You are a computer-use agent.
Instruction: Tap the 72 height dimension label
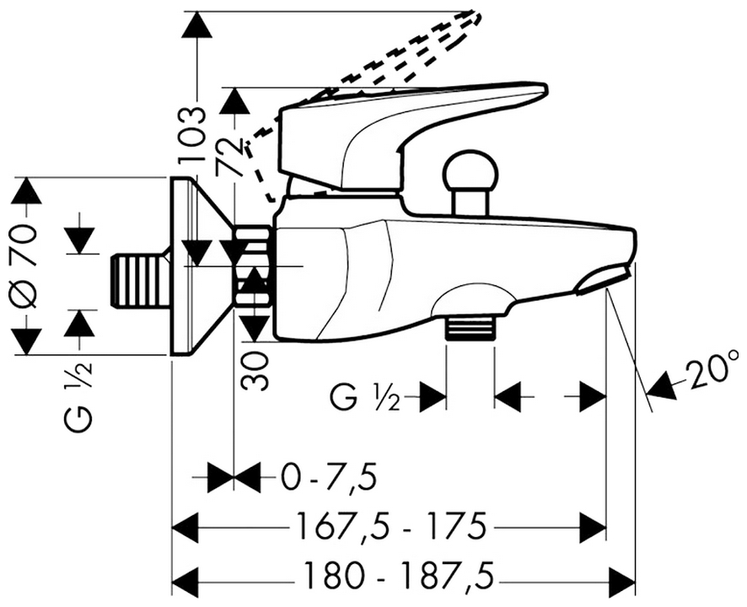(x=226, y=156)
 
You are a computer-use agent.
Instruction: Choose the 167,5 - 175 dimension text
(x=390, y=529)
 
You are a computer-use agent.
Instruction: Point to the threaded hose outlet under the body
(x=469, y=326)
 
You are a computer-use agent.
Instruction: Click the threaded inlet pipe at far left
(x=140, y=279)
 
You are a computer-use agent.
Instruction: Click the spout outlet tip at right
(x=603, y=280)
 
